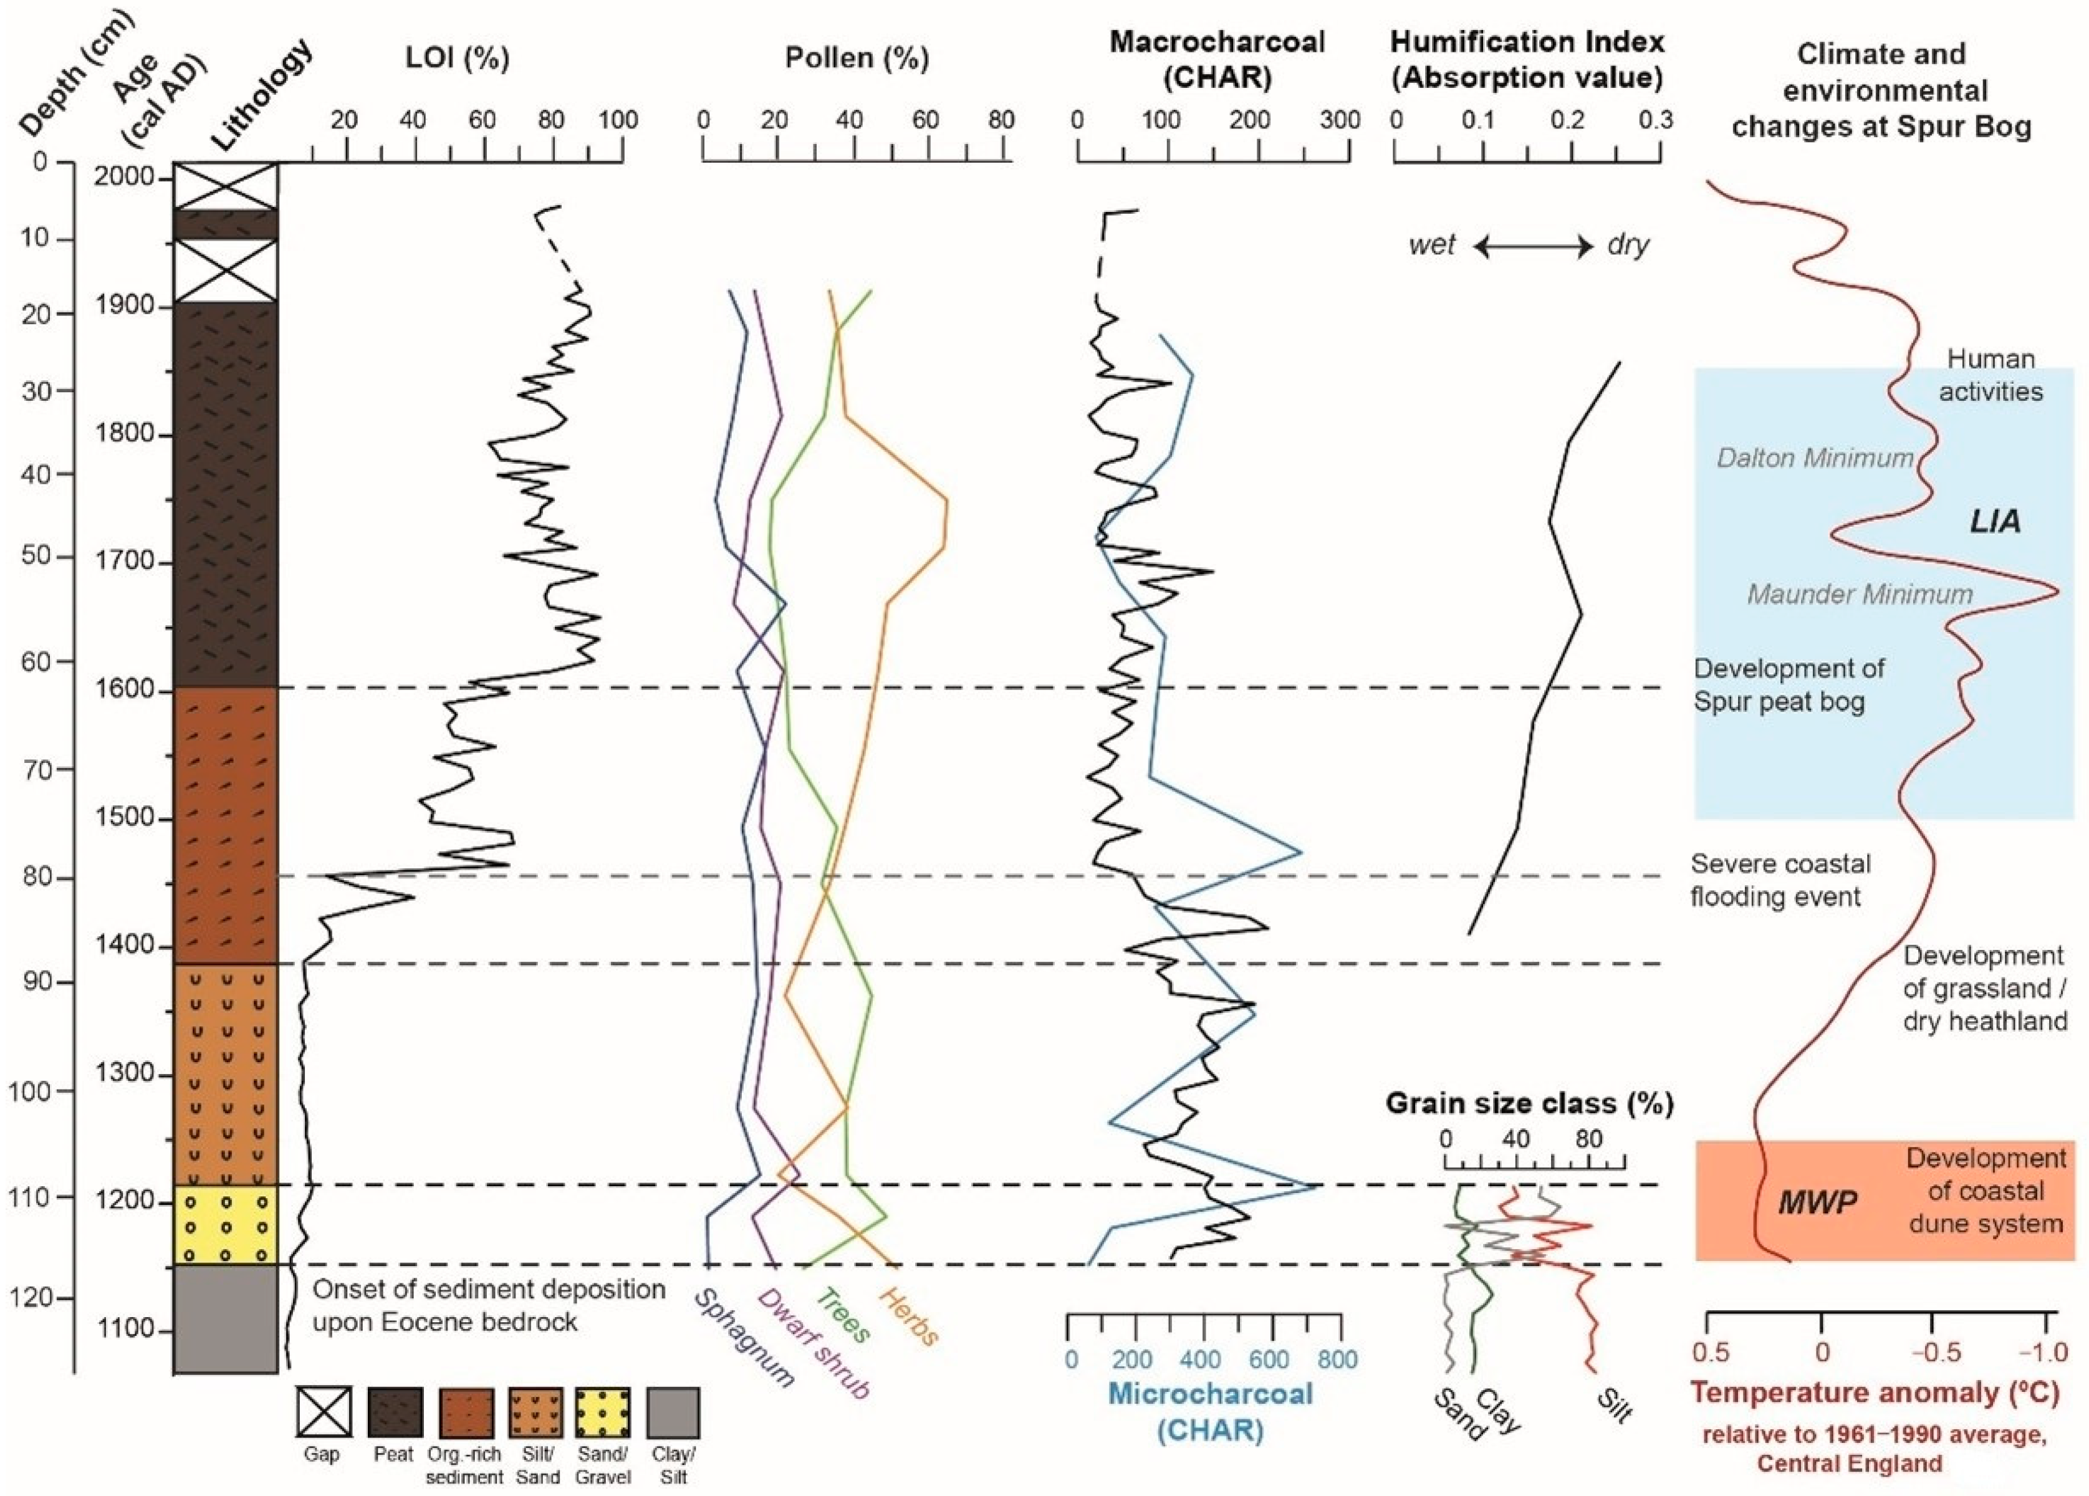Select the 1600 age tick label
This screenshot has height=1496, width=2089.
click(x=130, y=690)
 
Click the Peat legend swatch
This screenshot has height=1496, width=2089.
click(x=396, y=1412)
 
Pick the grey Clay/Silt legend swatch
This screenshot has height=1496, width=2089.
click(x=673, y=1412)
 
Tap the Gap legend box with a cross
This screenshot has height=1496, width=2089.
click(x=322, y=1412)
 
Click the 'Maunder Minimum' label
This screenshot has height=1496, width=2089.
click(x=1860, y=594)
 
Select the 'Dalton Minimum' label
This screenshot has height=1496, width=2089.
click(x=1815, y=458)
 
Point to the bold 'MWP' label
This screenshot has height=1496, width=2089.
click(x=1817, y=1202)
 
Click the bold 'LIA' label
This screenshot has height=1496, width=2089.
click(x=1995, y=522)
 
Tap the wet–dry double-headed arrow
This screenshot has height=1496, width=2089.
click(x=1534, y=247)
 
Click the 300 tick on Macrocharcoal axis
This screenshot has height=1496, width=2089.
click(x=1341, y=121)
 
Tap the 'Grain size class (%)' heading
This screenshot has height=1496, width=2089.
click(x=1529, y=1103)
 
